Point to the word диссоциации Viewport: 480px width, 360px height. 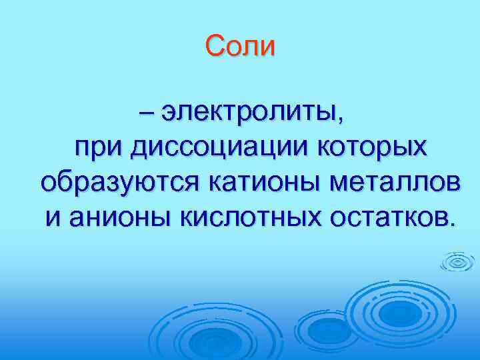(209, 147)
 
